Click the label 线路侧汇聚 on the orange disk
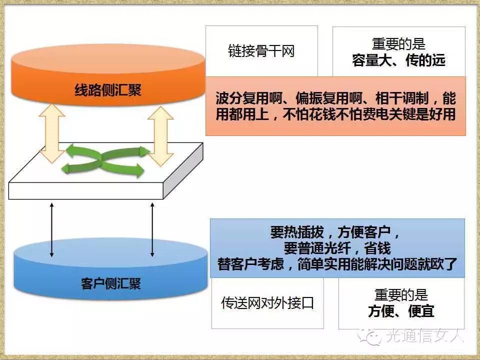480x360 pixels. coord(108,90)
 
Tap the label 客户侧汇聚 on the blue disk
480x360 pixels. coord(110,283)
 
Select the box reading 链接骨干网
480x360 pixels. coord(261,52)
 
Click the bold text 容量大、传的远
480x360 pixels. coord(398,61)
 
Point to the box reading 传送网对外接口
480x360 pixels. coord(267,303)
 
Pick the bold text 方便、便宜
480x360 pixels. coord(401,311)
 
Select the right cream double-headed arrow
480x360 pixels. coord(161,136)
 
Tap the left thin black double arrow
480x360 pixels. coord(51,230)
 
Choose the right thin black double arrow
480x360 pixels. coord(152,230)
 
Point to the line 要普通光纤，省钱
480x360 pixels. coord(337,248)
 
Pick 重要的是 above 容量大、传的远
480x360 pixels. coord(398,44)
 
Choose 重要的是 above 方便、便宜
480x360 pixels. coord(401,295)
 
